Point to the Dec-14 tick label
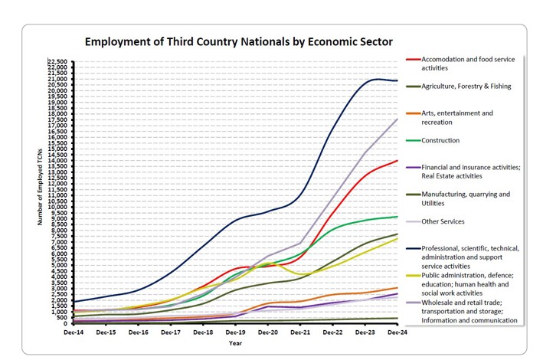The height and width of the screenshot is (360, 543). point(74,332)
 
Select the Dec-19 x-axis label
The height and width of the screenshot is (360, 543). point(235,332)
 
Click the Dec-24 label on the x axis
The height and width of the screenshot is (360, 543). point(396,332)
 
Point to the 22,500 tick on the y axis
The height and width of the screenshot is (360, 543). point(57,62)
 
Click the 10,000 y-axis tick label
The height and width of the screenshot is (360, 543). point(57,207)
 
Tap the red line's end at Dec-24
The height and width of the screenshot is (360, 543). point(396,161)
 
